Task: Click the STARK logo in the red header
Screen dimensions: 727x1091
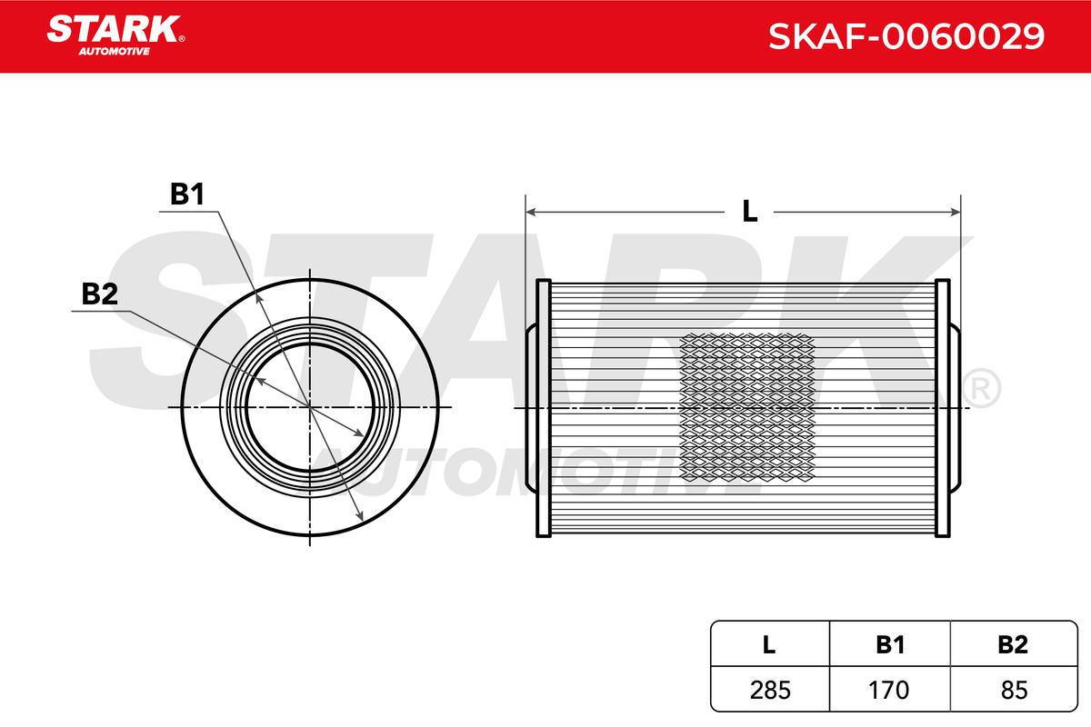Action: tap(115, 30)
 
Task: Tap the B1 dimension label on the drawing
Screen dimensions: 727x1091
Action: tap(187, 194)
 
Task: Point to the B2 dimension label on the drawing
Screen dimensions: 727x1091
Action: tap(100, 294)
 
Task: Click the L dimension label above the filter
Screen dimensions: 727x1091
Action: tap(749, 211)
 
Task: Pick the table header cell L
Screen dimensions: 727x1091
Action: tap(768, 645)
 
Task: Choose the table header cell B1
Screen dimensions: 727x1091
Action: tap(890, 645)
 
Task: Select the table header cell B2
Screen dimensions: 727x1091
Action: tap(1011, 645)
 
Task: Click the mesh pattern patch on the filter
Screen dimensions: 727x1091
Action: tap(747, 406)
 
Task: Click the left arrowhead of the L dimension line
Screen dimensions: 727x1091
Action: tap(531, 212)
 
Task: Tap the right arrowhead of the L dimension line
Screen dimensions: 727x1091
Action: tap(956, 212)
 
